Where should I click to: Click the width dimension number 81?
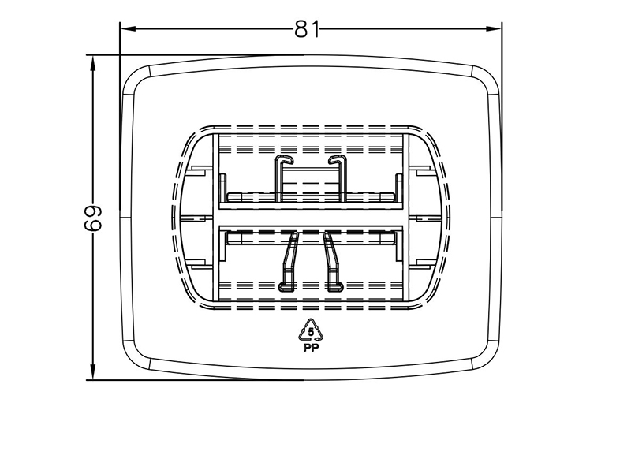tap(307, 29)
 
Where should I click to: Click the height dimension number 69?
tap(93, 218)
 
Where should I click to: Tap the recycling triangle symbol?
tap(311, 330)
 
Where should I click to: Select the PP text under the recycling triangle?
tap(311, 348)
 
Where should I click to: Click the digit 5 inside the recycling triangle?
tap(311, 333)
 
